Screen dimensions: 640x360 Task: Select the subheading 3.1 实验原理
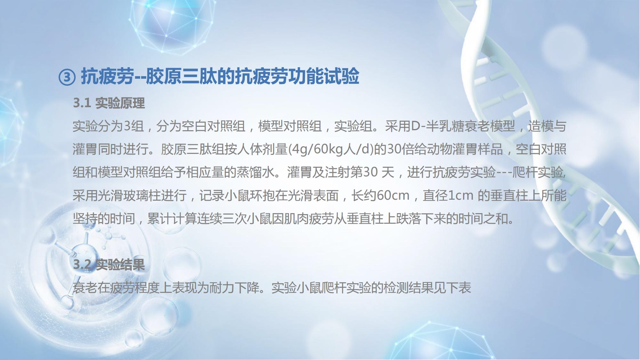tap(109, 103)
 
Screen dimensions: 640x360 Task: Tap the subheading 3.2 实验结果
tap(109, 265)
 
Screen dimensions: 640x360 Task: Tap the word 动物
tap(438, 149)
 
